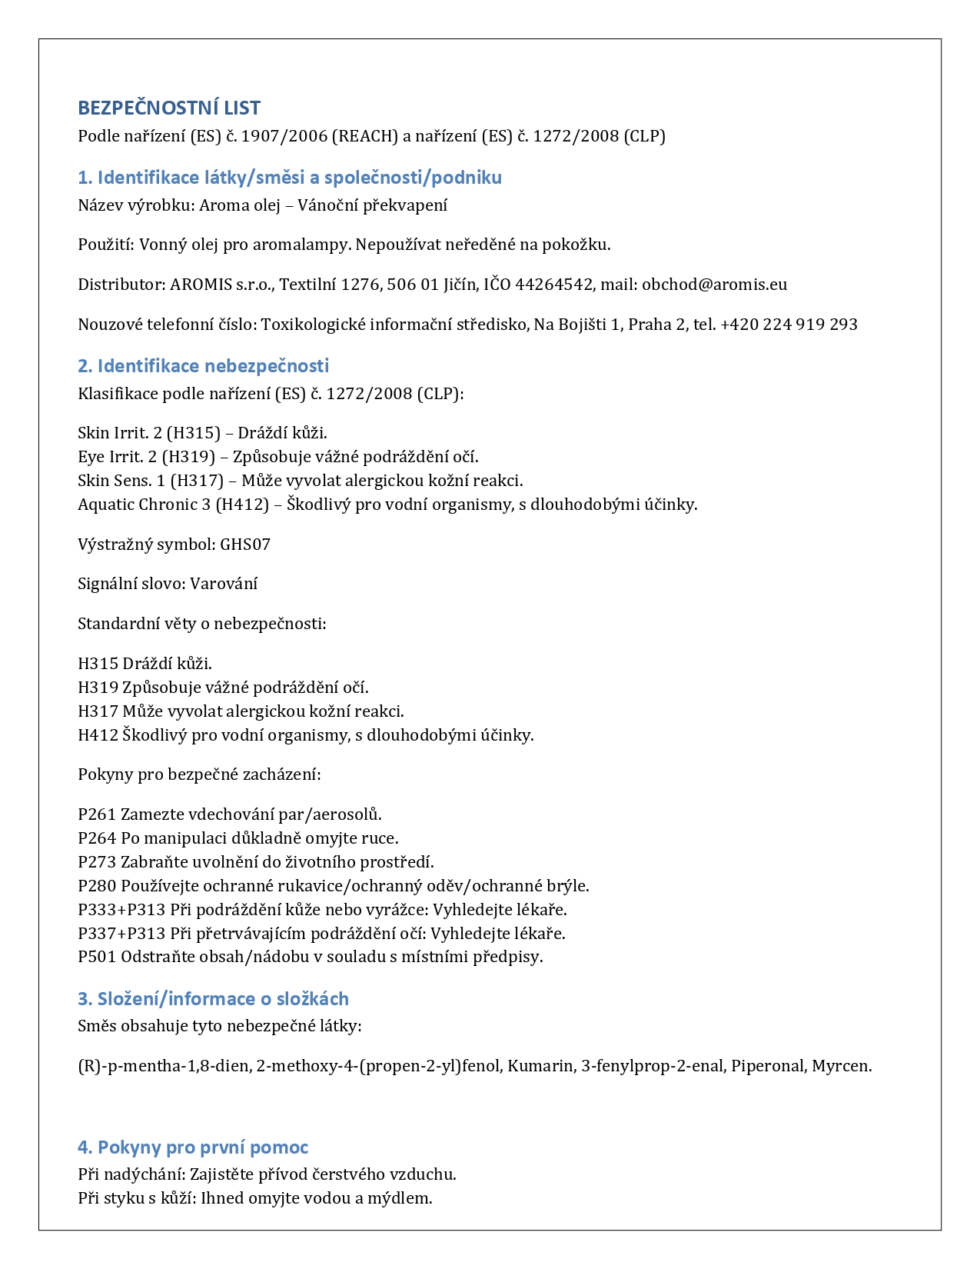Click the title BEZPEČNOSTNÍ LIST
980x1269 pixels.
point(169,108)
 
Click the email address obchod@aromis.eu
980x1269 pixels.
point(714,285)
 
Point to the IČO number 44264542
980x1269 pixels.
point(553,285)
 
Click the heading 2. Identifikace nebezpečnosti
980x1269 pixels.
point(204,366)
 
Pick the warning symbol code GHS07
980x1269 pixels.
point(245,545)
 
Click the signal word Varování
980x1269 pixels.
point(224,584)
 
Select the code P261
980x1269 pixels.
point(97,814)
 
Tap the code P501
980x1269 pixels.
point(97,958)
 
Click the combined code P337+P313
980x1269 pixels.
point(121,934)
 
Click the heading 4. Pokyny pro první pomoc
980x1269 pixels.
point(193,1147)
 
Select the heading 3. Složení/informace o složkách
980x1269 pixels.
point(213,999)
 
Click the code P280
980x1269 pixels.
point(97,886)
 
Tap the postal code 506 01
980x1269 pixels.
point(413,285)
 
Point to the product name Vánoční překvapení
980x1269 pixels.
point(372,205)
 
